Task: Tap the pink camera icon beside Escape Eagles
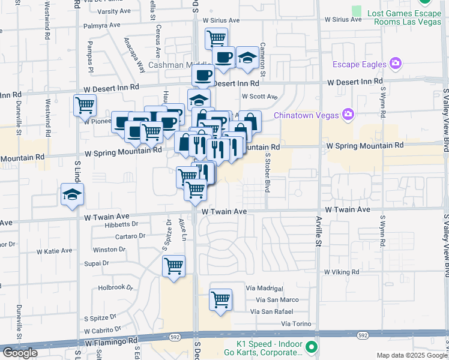pos(395,62)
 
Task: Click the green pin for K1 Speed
pos(311,347)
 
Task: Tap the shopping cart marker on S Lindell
pos(85,105)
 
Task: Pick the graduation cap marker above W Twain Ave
pos(72,195)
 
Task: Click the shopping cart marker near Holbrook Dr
pos(173,265)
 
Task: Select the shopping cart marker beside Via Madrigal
pos(220,299)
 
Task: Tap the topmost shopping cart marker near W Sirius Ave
pos(216,38)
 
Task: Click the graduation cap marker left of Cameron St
pos(247,58)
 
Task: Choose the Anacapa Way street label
pos(134,54)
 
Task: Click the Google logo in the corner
pos(20,353)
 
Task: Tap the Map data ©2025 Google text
pos(412,355)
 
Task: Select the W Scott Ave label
pos(259,96)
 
